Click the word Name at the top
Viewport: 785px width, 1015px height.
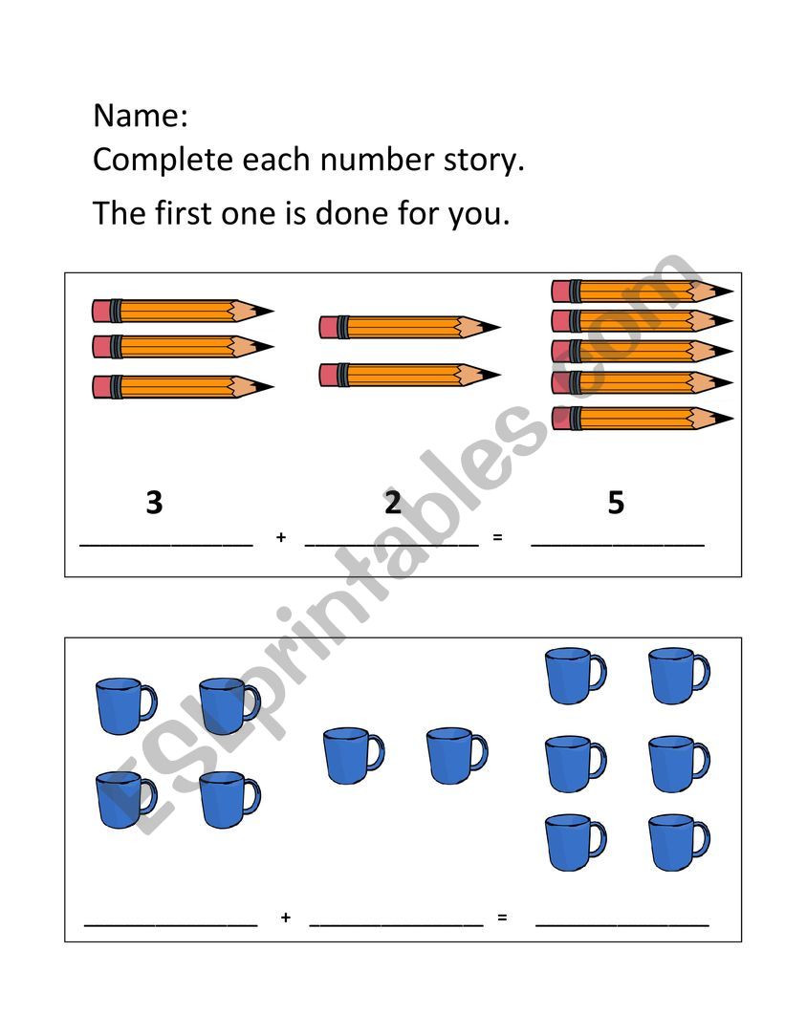(x=137, y=116)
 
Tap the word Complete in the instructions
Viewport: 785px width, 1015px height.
(x=163, y=161)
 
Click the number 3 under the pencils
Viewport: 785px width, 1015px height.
(x=154, y=503)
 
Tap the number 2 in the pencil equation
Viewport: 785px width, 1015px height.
(x=392, y=503)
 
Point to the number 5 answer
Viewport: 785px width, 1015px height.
(x=616, y=503)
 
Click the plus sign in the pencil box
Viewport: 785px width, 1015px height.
(x=280, y=536)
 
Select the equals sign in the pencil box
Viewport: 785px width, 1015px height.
(x=497, y=536)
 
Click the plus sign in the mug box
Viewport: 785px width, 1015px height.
(x=286, y=917)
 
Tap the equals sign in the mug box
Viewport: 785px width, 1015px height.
(x=502, y=917)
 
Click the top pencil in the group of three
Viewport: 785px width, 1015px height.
(x=184, y=311)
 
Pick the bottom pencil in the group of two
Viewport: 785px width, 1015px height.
(x=410, y=375)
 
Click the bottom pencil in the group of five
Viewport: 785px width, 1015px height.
(x=643, y=419)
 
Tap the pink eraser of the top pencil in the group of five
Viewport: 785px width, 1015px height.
(x=561, y=292)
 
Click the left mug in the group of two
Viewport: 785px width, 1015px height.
(x=354, y=756)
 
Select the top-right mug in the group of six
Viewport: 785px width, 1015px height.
(x=680, y=675)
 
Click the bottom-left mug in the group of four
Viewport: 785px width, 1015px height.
(x=126, y=800)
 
